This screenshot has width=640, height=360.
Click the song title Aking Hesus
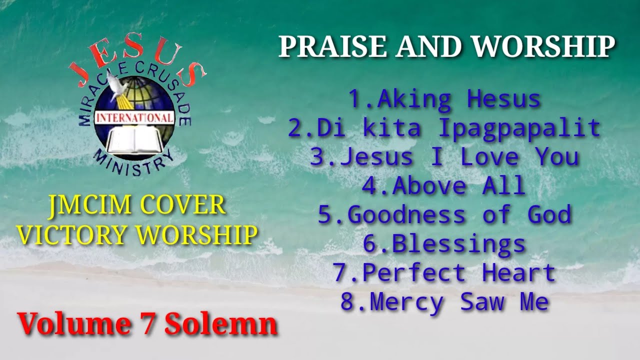444,99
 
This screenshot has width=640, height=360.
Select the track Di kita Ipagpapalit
444,128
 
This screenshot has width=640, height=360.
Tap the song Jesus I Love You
444,157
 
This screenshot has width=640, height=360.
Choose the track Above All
444,186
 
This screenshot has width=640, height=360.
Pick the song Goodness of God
444,215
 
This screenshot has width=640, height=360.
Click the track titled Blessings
444,244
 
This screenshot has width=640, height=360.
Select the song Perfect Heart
444,273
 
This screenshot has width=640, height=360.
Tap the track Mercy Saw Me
444,302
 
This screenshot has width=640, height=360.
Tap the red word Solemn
221,324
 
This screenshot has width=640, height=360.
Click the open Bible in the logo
132,140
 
